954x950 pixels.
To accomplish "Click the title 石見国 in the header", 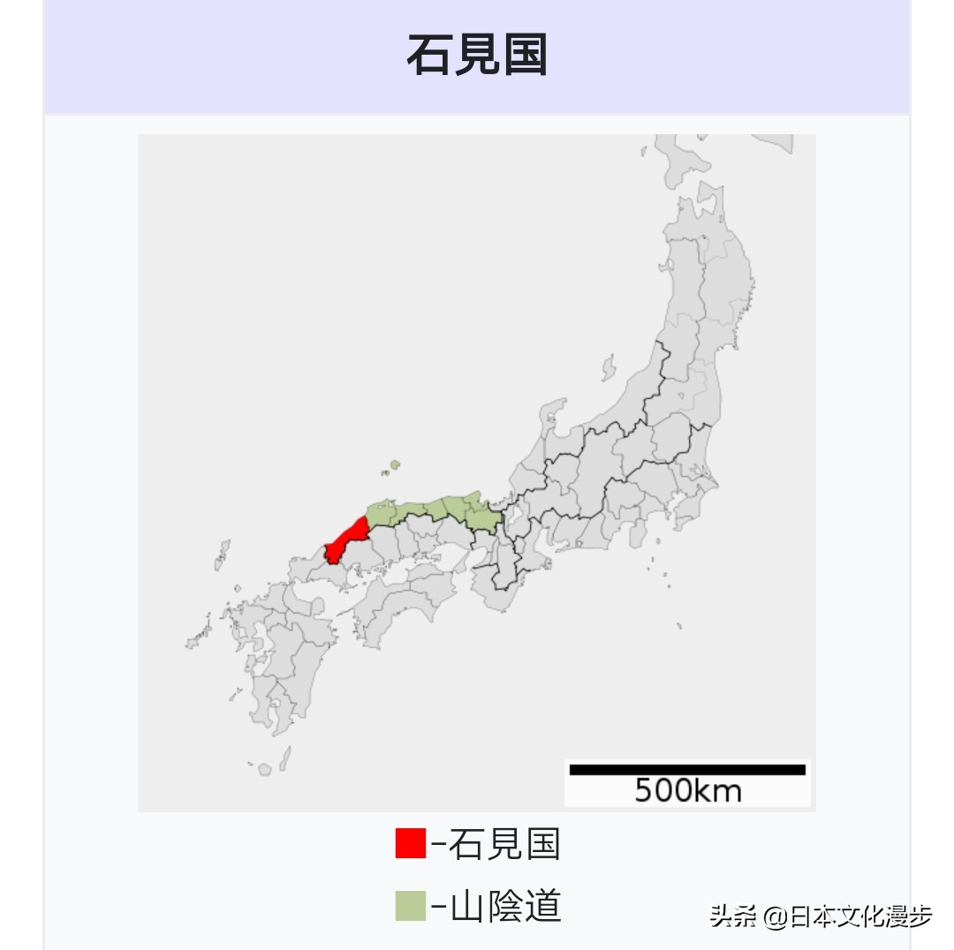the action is click(x=477, y=55).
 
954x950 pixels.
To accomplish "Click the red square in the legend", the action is click(x=410, y=843).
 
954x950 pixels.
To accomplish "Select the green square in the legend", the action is click(x=410, y=907).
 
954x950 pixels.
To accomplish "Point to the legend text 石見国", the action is click(x=504, y=844).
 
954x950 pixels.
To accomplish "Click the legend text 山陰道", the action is click(x=505, y=907).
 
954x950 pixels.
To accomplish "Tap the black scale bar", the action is click(x=687, y=769).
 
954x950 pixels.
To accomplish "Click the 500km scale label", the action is click(x=687, y=791).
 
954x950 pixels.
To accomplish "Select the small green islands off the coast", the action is click(x=393, y=465).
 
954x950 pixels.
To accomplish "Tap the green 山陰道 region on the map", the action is click(x=442, y=510).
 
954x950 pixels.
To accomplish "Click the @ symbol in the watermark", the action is click(x=775, y=917).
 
